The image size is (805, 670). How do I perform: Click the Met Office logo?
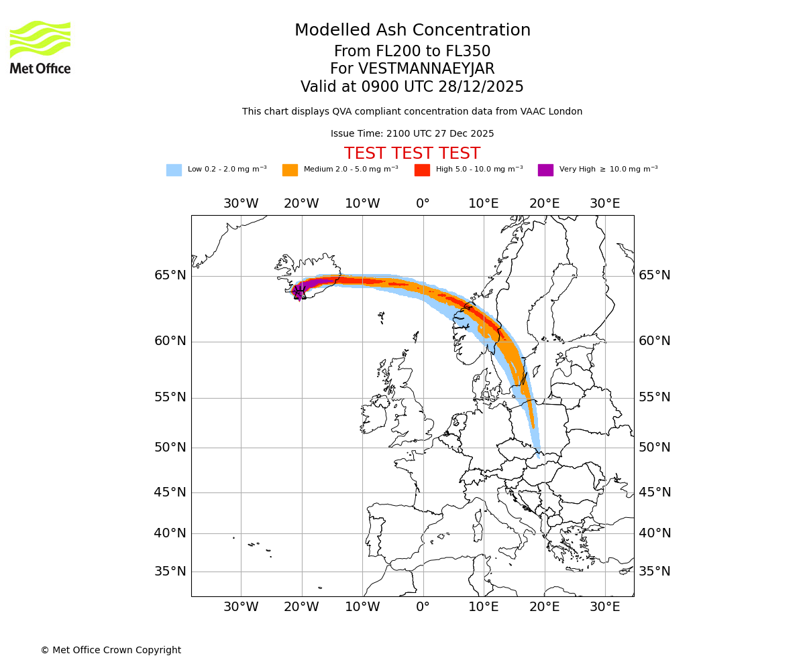coord(40,47)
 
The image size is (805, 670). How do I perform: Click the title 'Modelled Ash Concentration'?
coord(413,31)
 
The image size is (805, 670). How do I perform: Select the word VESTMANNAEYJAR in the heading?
coord(427,69)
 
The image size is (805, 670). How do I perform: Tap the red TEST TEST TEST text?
coord(412,153)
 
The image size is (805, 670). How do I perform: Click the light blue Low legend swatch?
coord(174,170)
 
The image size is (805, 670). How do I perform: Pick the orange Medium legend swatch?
coord(290,170)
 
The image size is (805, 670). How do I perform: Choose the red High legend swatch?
coord(422,170)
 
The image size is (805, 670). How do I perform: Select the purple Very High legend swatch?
coord(545,170)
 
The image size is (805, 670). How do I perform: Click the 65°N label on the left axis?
coord(170,275)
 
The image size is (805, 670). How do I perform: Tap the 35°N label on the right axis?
coord(654,572)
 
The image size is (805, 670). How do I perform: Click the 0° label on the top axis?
coord(423,204)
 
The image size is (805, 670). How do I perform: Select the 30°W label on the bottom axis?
coord(241,607)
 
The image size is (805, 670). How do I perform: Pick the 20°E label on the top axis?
coord(544,204)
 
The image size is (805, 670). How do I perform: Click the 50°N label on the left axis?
coord(170,448)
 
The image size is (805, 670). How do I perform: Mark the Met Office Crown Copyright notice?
coord(111,651)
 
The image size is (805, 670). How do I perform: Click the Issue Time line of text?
coord(412,134)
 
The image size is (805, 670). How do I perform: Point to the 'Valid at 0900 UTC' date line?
coord(412,87)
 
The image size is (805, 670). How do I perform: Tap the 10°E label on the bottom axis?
coord(483,607)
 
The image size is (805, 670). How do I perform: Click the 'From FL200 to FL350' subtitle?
coord(412,52)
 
